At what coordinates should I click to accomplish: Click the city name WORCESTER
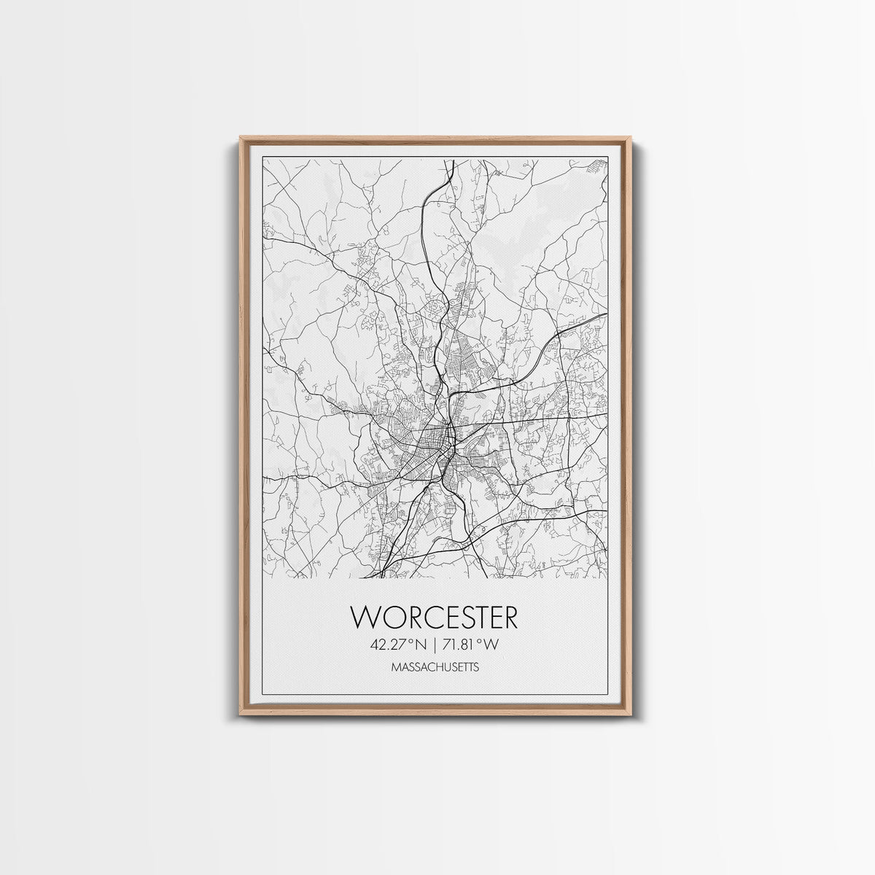tap(435, 617)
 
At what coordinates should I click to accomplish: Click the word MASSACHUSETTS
tap(435, 666)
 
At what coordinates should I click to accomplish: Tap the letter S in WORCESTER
tap(462, 617)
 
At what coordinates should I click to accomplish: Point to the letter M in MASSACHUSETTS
tap(394, 666)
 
